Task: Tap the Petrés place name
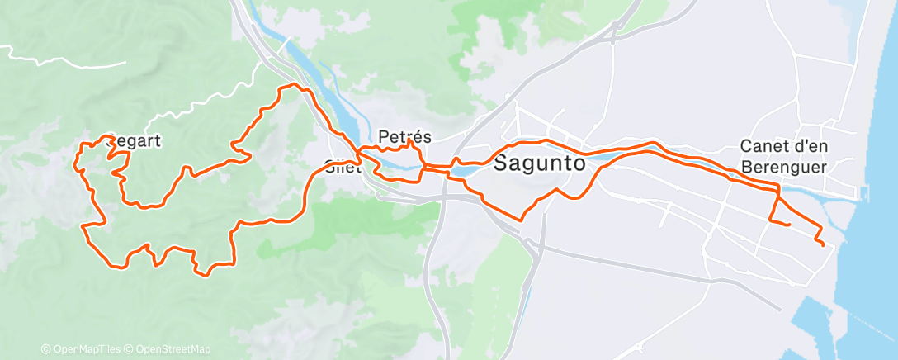pyautogui.click(x=404, y=136)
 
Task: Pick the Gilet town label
pyautogui.click(x=341, y=163)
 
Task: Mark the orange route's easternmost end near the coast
pyautogui.click(x=823, y=244)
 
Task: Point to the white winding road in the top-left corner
pyautogui.click(x=50, y=59)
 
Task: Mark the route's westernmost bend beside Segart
pyautogui.click(x=78, y=157)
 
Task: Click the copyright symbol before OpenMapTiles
pyautogui.click(x=45, y=349)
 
